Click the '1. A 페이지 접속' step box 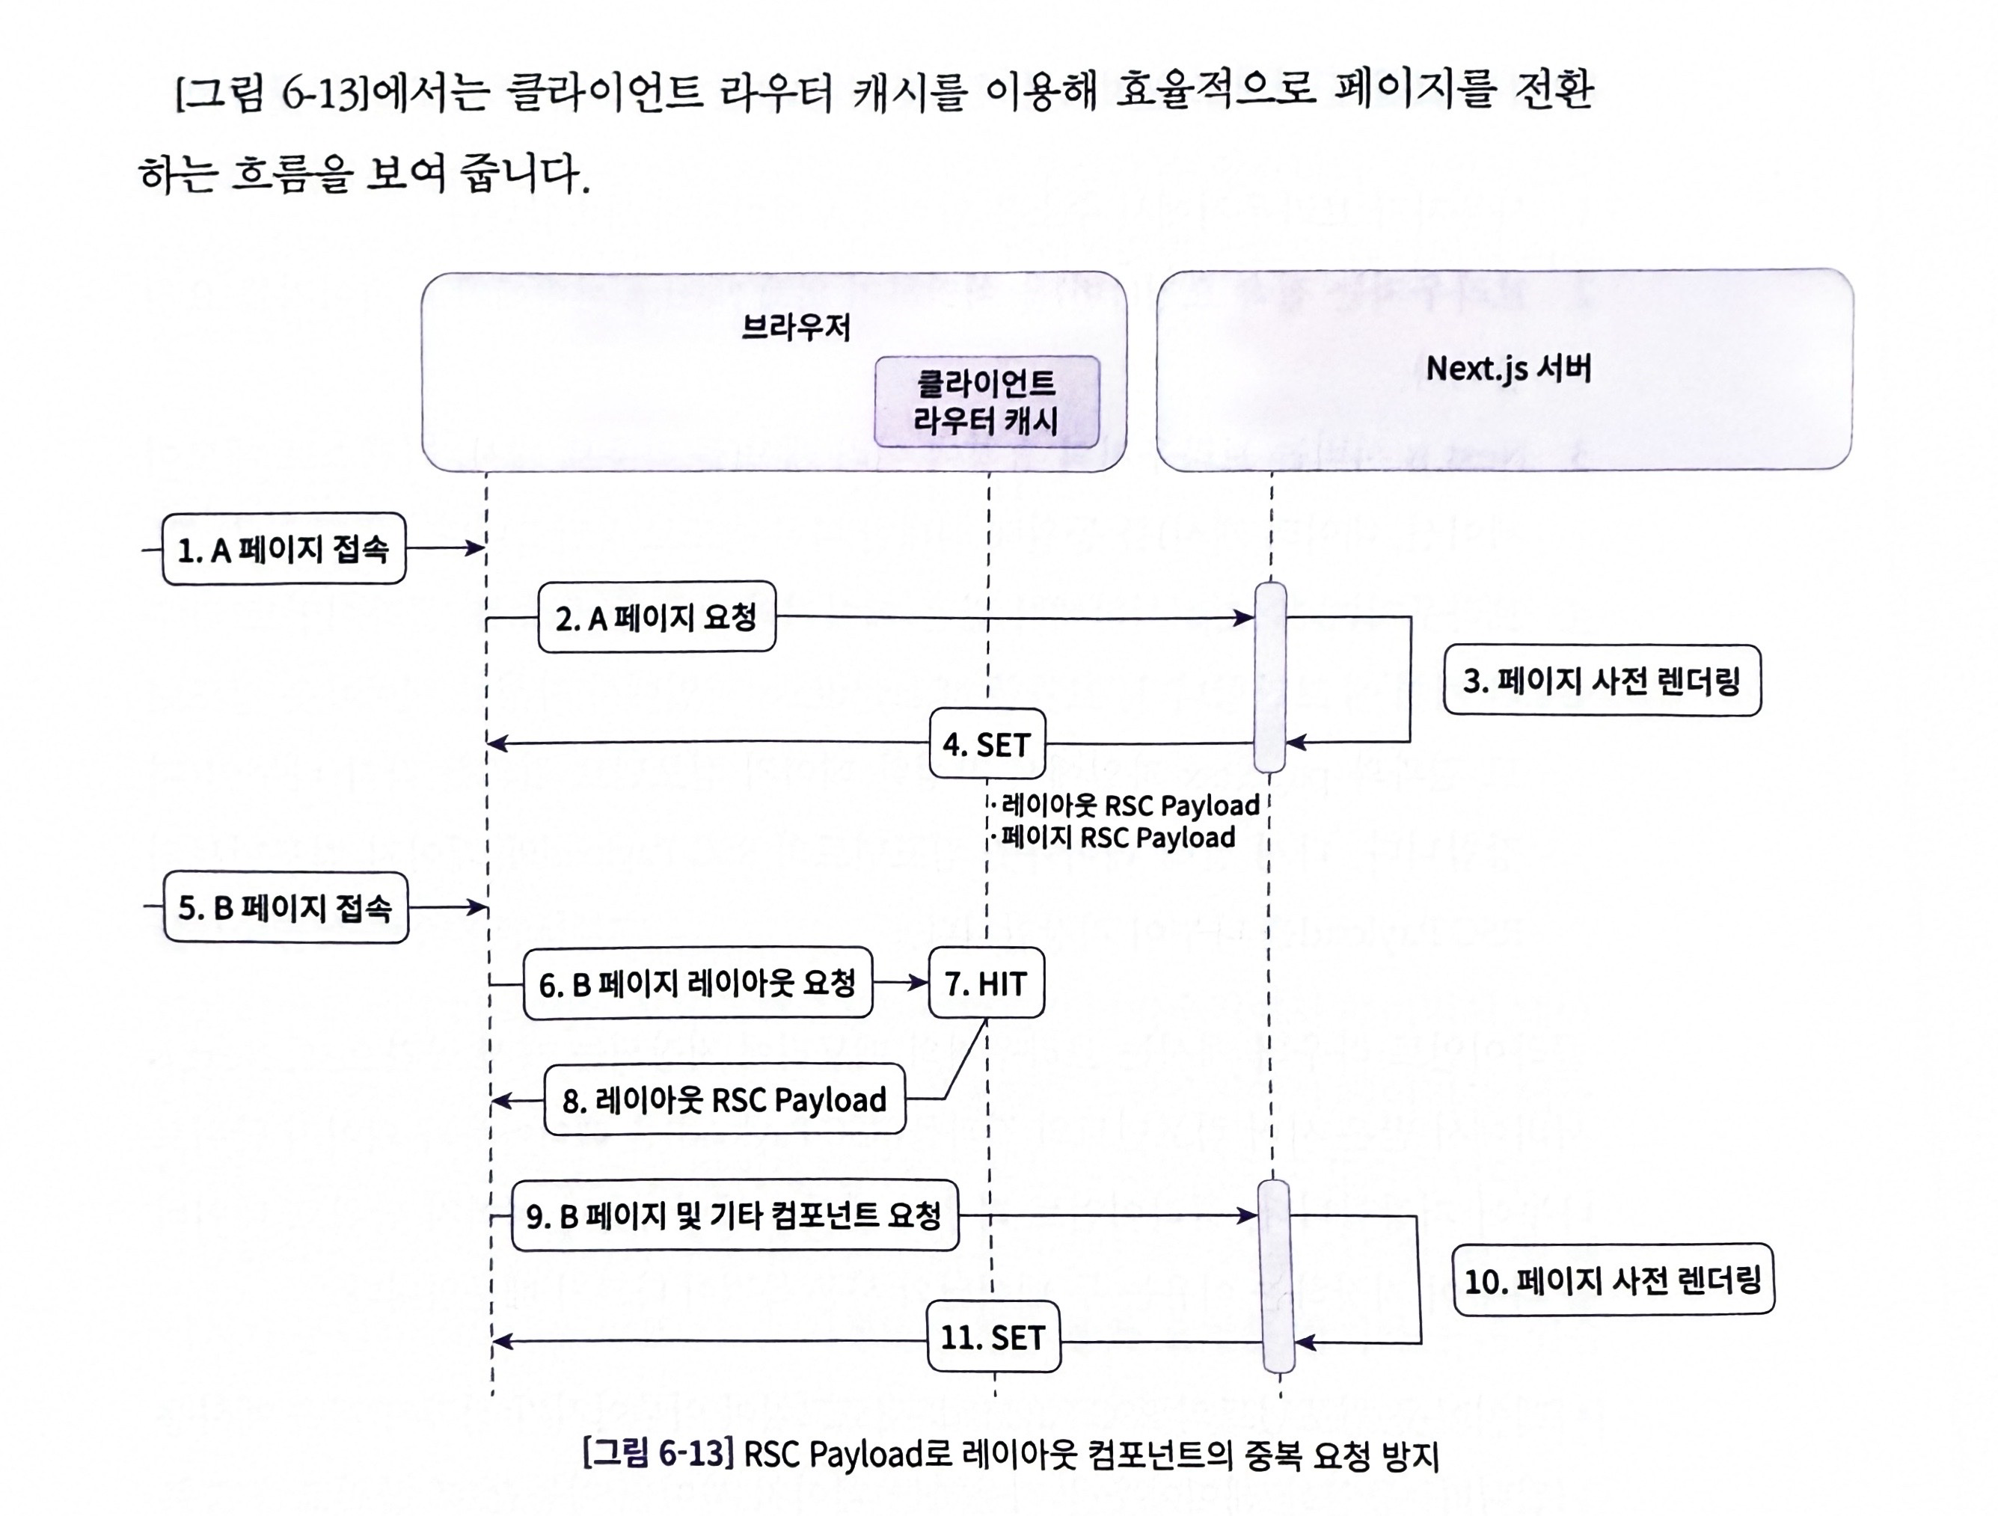click(x=284, y=549)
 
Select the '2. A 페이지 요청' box click(x=657, y=618)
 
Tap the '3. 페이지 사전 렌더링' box click(x=1602, y=681)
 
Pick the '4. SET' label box click(x=987, y=744)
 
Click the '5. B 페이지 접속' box click(x=286, y=907)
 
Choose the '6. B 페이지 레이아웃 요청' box click(x=697, y=983)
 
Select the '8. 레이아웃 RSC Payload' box click(x=724, y=1099)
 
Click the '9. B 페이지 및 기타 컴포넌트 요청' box click(x=735, y=1215)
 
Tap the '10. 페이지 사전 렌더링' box click(x=1614, y=1280)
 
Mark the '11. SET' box click(x=993, y=1337)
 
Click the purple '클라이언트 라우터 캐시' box click(x=987, y=402)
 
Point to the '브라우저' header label click(x=796, y=327)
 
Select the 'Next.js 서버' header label click(x=1509, y=369)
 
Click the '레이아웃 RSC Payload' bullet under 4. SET click(x=1129, y=805)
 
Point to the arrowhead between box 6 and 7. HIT click(x=918, y=983)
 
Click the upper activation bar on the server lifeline click(x=1270, y=677)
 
